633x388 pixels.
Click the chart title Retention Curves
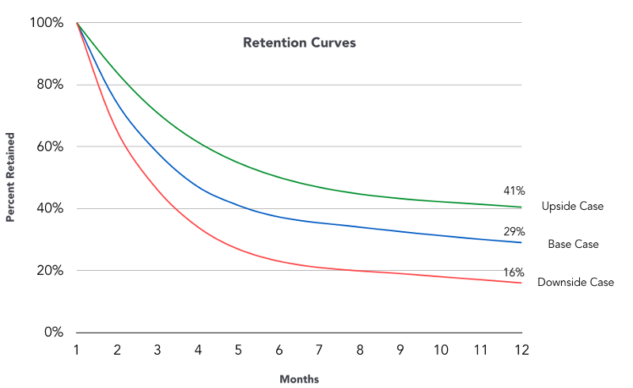(x=299, y=43)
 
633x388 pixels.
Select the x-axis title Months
(x=299, y=379)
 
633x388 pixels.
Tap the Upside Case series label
(x=572, y=206)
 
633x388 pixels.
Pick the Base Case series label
(x=573, y=244)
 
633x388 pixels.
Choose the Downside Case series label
(x=575, y=282)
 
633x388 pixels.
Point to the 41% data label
(x=514, y=191)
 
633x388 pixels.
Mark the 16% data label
(x=514, y=272)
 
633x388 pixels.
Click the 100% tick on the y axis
(x=47, y=23)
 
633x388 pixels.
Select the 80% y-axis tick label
(x=49, y=85)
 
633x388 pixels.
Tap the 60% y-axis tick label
(x=49, y=146)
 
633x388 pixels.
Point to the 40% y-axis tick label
(x=49, y=208)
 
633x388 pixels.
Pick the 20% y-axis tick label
(x=49, y=270)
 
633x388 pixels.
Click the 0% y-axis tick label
(x=53, y=332)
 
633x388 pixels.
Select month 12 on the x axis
(x=521, y=348)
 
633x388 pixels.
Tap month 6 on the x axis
(x=279, y=348)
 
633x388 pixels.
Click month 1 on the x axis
(x=77, y=348)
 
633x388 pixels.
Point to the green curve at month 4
(x=198, y=143)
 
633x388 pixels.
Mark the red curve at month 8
(x=359, y=270)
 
